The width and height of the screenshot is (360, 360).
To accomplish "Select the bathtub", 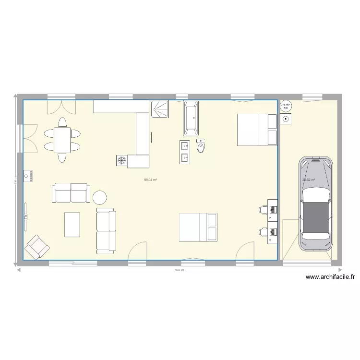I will [x=191, y=118].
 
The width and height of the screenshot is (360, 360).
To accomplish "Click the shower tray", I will [x=160, y=108].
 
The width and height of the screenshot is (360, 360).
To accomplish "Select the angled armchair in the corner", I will [x=37, y=247].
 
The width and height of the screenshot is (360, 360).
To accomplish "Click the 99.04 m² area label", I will [x=151, y=180].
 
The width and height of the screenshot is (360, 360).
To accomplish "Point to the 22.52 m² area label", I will [x=309, y=180].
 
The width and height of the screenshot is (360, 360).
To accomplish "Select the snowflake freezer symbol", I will [x=121, y=160].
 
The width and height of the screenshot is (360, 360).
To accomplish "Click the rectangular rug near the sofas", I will [x=72, y=225].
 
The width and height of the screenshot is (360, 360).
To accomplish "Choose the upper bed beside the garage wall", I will [x=257, y=130].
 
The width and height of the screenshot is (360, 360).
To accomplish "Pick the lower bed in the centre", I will [x=199, y=227].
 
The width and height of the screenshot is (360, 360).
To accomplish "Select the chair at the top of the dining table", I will [x=62, y=122].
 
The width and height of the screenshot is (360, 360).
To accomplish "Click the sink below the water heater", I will [x=286, y=118].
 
